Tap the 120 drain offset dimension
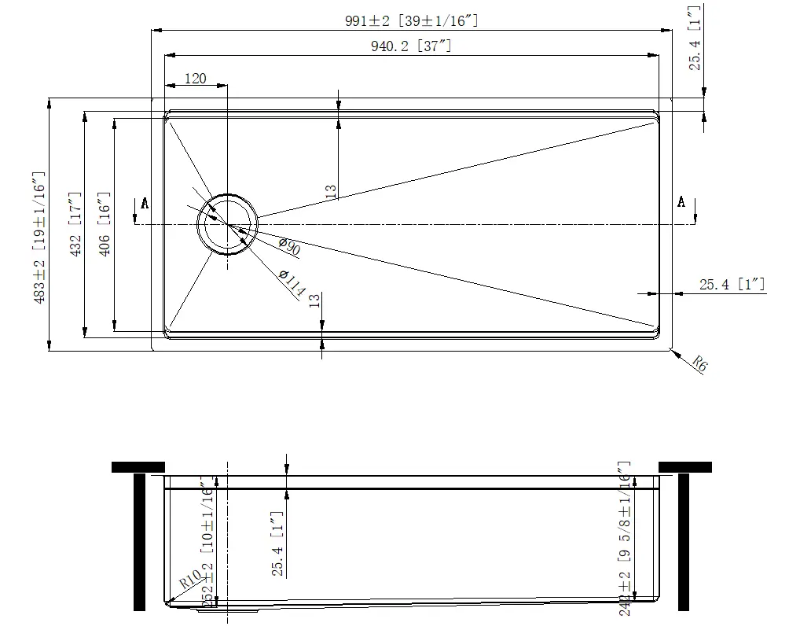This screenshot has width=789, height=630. (x=195, y=78)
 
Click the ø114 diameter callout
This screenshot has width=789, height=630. (x=292, y=284)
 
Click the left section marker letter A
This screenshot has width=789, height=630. (x=145, y=204)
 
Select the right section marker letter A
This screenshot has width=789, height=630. (x=681, y=202)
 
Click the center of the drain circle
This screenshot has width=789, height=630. (x=227, y=224)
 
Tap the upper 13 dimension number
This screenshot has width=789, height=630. (x=332, y=190)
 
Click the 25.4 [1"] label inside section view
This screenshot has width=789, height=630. (x=277, y=544)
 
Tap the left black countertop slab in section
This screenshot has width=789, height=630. (x=138, y=467)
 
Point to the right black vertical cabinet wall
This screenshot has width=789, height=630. (x=683, y=543)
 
